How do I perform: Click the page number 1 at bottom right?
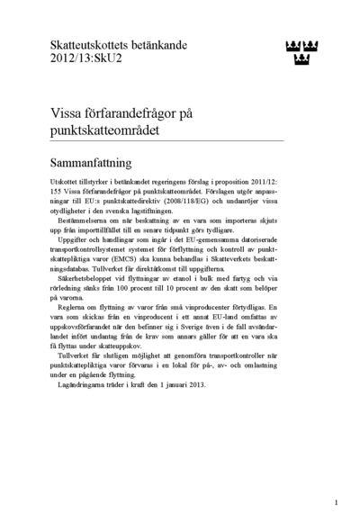335,503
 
